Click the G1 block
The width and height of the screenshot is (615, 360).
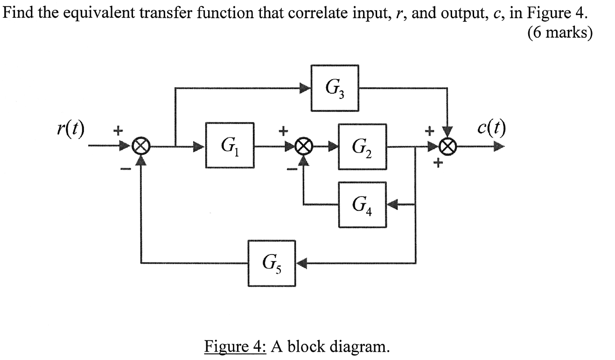230,145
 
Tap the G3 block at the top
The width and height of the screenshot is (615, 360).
335,88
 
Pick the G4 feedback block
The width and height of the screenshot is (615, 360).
362,205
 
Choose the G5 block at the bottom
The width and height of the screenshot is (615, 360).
272,263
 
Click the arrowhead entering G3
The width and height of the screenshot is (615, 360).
306,88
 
